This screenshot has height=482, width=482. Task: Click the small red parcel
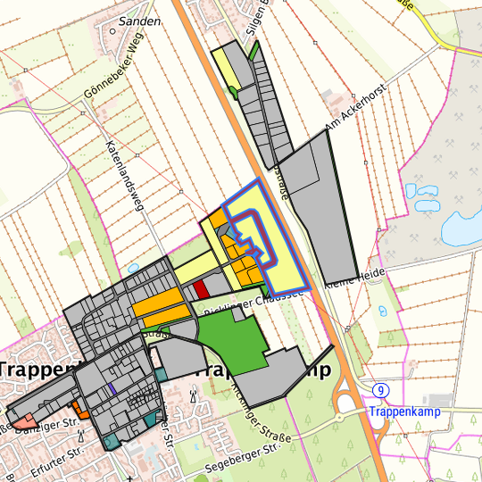point(201,289)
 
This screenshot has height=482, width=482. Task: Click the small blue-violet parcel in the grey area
point(112,388)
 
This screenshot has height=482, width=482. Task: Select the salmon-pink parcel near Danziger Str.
point(23,420)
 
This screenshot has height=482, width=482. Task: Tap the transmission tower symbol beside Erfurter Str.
point(79,436)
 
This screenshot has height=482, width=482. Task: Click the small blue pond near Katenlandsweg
point(133,267)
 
